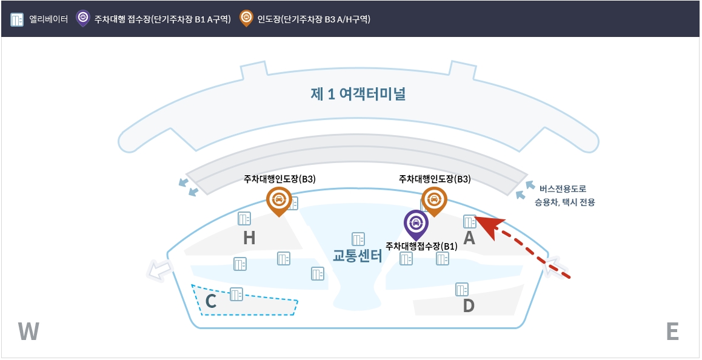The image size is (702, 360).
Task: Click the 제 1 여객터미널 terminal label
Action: pyautogui.click(x=358, y=95)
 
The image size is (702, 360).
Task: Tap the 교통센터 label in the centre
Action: pyautogui.click(x=358, y=256)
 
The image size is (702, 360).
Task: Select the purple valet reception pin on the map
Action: pyautogui.click(x=416, y=223)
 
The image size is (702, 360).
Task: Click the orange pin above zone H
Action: pyautogui.click(x=279, y=200)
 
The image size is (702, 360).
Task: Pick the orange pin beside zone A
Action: pyautogui.click(x=434, y=200)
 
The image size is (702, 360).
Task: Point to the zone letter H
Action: pyautogui.click(x=249, y=239)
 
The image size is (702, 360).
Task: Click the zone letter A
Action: pyautogui.click(x=469, y=239)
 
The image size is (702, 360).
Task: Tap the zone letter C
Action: pyautogui.click(x=211, y=301)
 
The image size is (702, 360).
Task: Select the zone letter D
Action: pyautogui.click(x=469, y=306)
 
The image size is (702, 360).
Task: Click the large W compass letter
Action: pyautogui.click(x=28, y=332)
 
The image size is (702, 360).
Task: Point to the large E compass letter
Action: pyautogui.click(x=672, y=332)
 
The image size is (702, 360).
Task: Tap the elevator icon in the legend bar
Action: pyautogui.click(x=17, y=19)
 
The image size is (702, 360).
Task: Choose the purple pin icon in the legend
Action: pyautogui.click(x=83, y=18)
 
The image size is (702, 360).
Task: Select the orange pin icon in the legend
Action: pyautogui.click(x=246, y=18)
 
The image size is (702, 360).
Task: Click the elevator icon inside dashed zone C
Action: pyautogui.click(x=236, y=295)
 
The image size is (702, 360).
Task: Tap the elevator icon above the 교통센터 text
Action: pyautogui.click(x=358, y=239)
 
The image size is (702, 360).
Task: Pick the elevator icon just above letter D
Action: pyautogui.click(x=462, y=289)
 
